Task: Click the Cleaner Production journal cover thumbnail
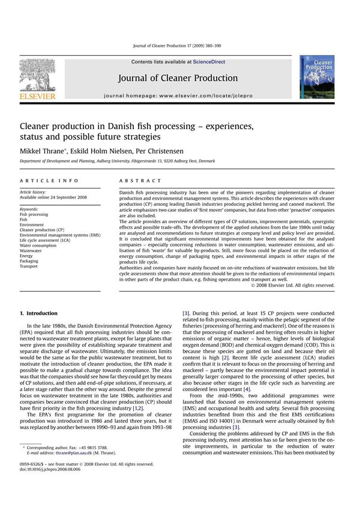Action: (x=317, y=77)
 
